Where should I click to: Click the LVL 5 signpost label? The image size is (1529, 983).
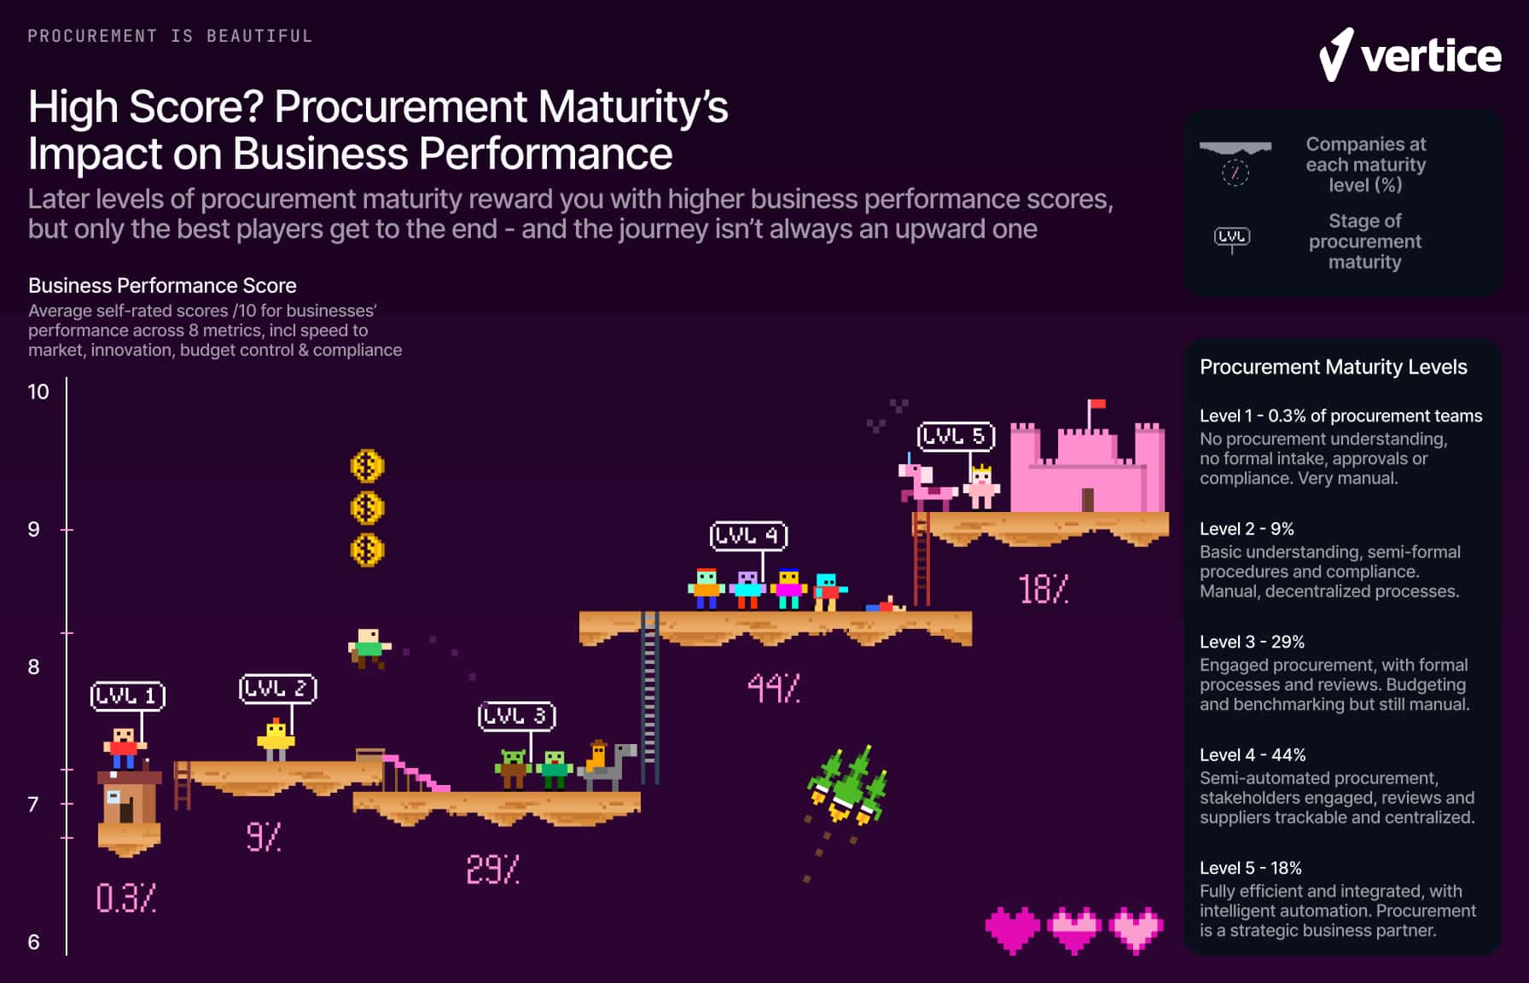956,437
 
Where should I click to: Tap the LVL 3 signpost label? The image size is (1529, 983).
516,716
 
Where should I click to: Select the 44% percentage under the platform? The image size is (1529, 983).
773,688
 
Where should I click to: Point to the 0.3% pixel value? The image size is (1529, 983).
125,898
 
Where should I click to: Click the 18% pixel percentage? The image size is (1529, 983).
1043,590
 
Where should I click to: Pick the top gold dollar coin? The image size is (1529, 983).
367,466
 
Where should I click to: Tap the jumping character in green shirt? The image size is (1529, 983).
369,648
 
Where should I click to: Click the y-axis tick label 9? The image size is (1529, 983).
34,530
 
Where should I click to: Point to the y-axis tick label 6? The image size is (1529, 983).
34,942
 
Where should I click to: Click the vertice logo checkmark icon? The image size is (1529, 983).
1336,55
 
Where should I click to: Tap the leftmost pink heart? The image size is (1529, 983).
1013,929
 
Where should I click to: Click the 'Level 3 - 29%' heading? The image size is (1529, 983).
1252,642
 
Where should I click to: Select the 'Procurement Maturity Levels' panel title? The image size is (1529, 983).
1333,367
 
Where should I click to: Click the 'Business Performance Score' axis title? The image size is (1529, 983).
162,286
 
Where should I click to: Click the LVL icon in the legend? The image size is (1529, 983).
1232,237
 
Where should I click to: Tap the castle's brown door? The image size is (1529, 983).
1088,499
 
